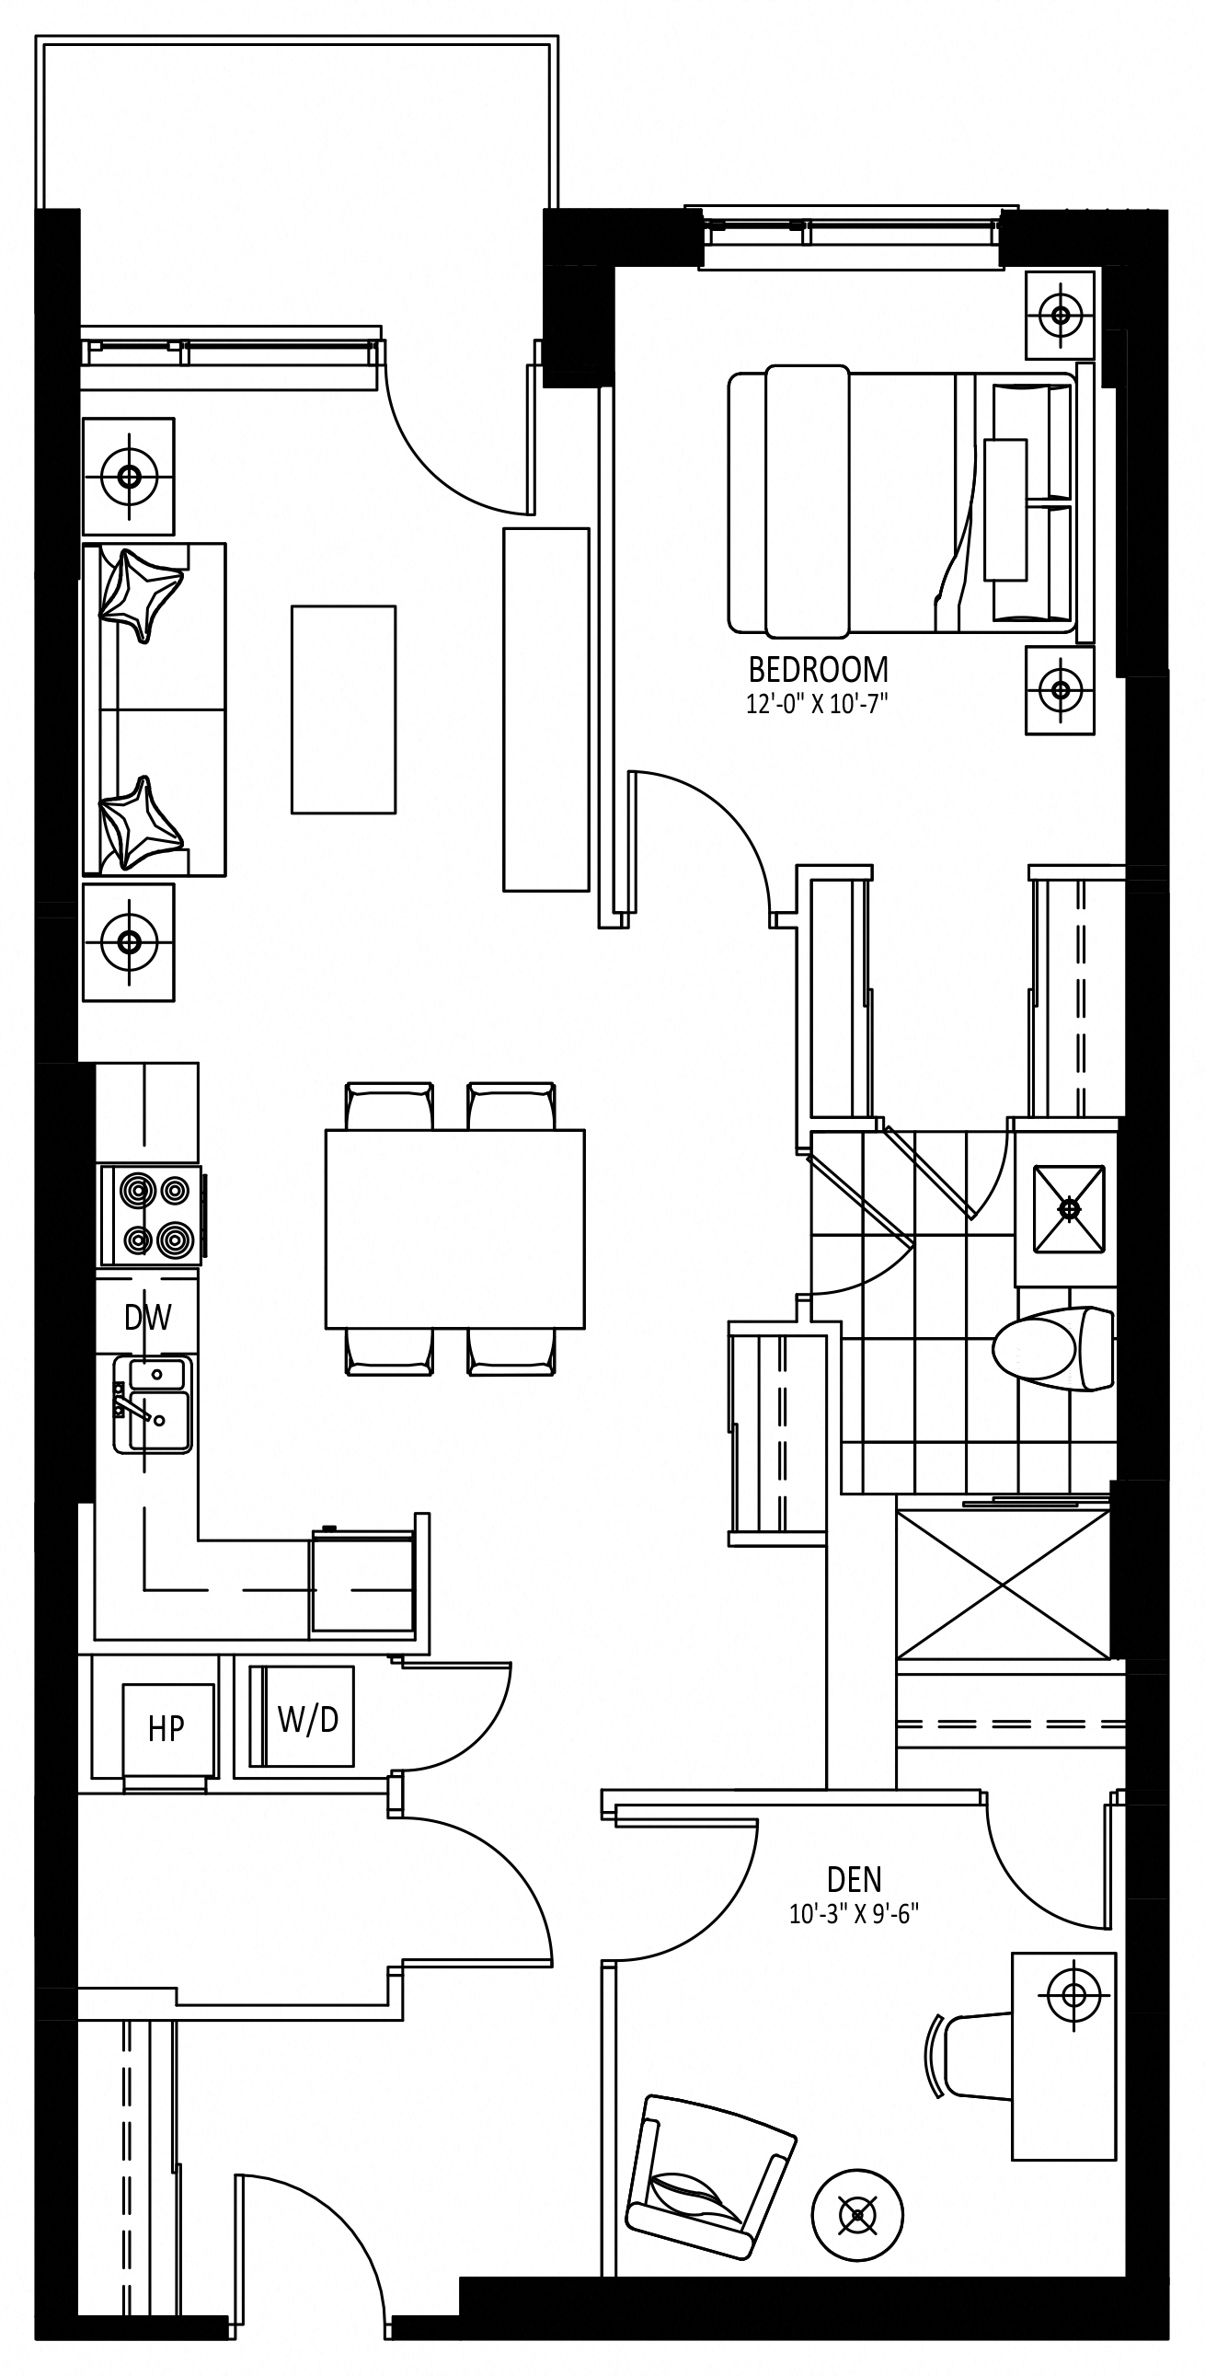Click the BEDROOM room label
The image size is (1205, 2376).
coord(818,669)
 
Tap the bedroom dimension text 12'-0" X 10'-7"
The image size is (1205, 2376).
coord(817,706)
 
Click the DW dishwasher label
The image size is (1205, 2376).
coord(147,1317)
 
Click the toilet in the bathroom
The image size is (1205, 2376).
coord(1053,1348)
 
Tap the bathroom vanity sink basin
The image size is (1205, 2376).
coord(1069,1208)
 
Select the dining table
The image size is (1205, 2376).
coord(454,1228)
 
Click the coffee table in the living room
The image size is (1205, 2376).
coord(343,709)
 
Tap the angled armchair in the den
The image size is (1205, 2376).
coord(709,2174)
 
